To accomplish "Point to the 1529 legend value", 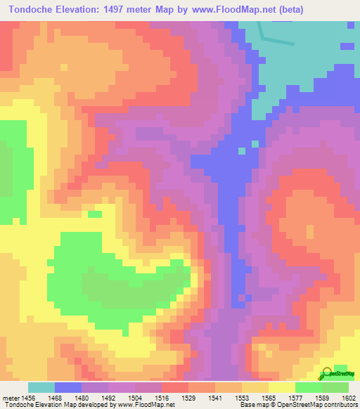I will pos(188,398).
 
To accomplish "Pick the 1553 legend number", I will pos(241,398).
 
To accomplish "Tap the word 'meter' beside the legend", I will pos(10,398).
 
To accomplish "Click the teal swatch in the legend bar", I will pos(41,387).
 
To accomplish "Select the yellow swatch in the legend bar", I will pos(281,387).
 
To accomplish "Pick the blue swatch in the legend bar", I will pos(68,387).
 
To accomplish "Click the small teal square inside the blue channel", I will pos(242,150).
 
